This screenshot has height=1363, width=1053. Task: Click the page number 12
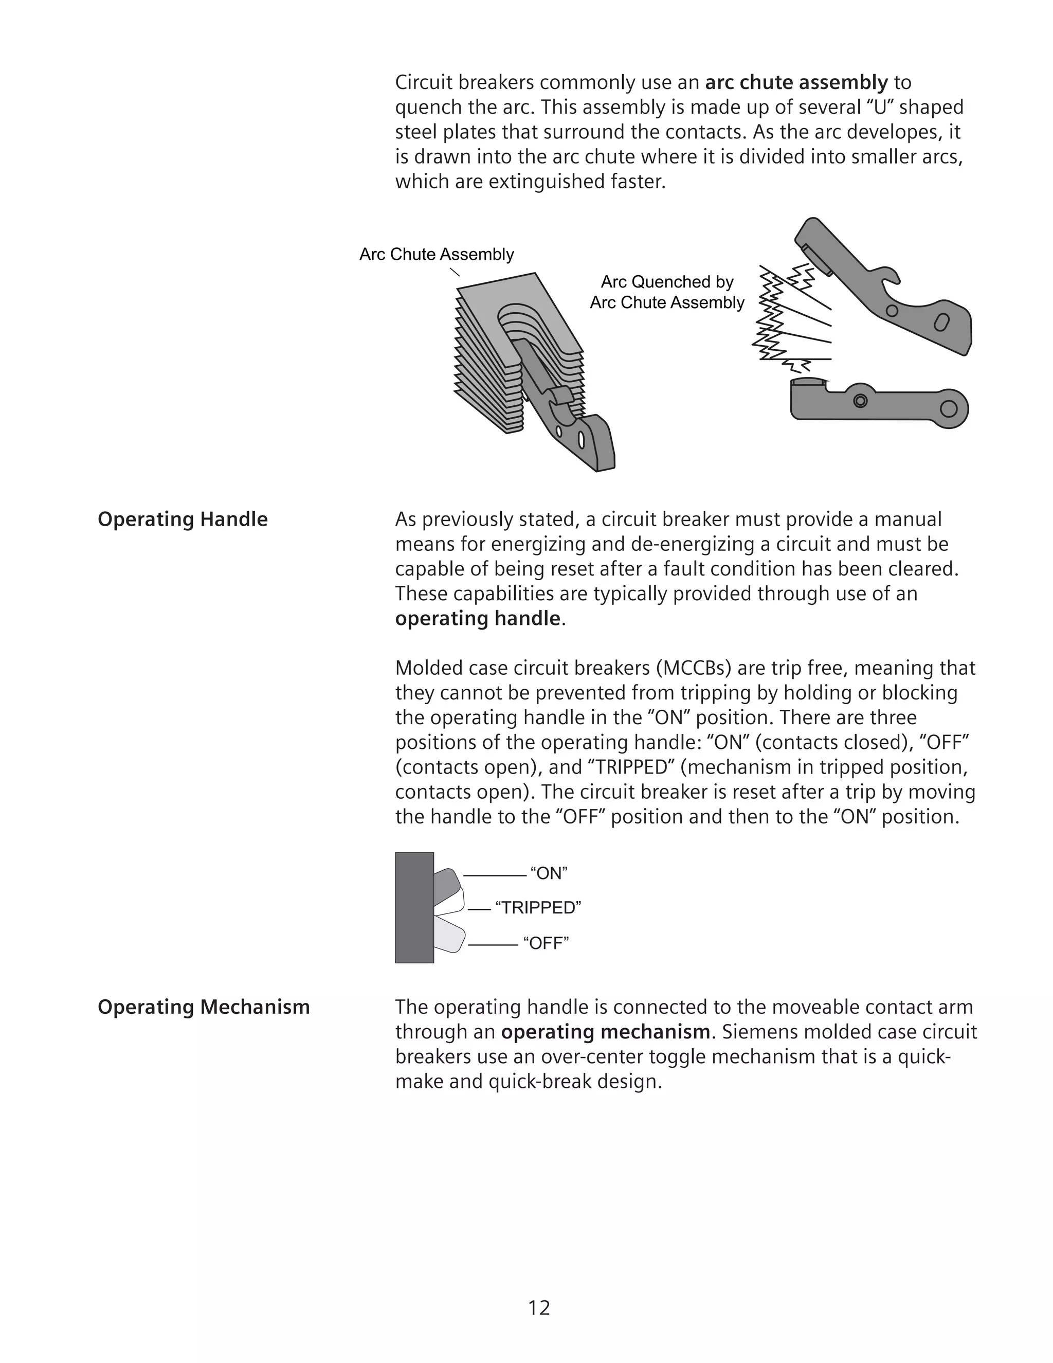point(539,1307)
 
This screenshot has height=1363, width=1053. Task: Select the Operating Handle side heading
point(183,519)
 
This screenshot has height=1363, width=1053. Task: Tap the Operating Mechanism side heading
point(204,1007)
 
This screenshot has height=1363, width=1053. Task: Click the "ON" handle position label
point(549,873)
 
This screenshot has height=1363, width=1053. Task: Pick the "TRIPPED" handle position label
point(538,907)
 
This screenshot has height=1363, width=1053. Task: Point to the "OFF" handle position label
point(546,942)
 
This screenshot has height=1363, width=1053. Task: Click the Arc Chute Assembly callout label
point(437,255)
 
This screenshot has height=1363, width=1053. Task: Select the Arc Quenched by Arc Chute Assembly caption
point(667,292)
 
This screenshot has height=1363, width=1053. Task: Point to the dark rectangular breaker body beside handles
point(414,907)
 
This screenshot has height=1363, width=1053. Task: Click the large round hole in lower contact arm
point(948,409)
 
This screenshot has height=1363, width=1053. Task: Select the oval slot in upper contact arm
point(942,322)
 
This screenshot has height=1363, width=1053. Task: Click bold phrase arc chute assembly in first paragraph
point(796,82)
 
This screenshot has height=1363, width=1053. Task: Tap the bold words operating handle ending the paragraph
point(478,618)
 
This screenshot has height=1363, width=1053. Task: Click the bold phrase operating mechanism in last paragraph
point(605,1032)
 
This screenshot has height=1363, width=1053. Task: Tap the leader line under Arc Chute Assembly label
point(455,272)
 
